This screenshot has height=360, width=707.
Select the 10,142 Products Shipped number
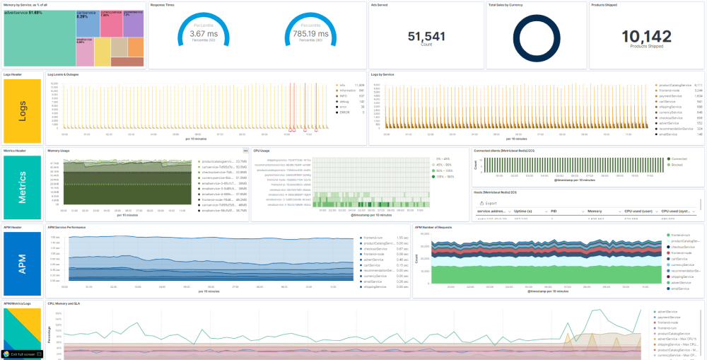coord(646,36)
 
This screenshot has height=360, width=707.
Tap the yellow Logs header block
coord(23,110)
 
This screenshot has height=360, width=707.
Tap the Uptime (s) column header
coord(524,211)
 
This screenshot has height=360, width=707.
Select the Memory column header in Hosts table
coord(595,211)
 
